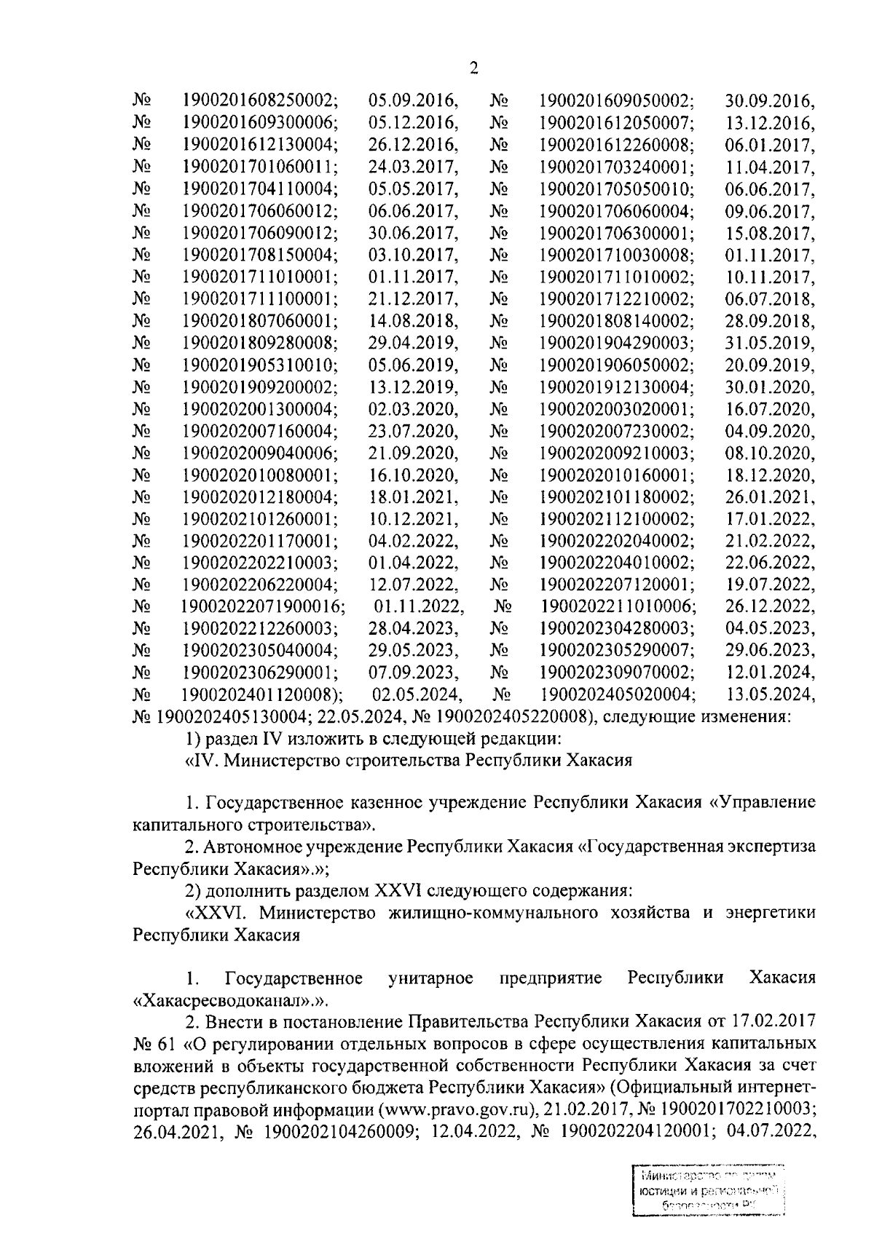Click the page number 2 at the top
(474, 68)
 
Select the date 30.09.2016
(771, 100)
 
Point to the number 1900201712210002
(616, 298)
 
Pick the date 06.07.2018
(771, 298)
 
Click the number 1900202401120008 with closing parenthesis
(263, 694)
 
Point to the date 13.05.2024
(771, 694)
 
